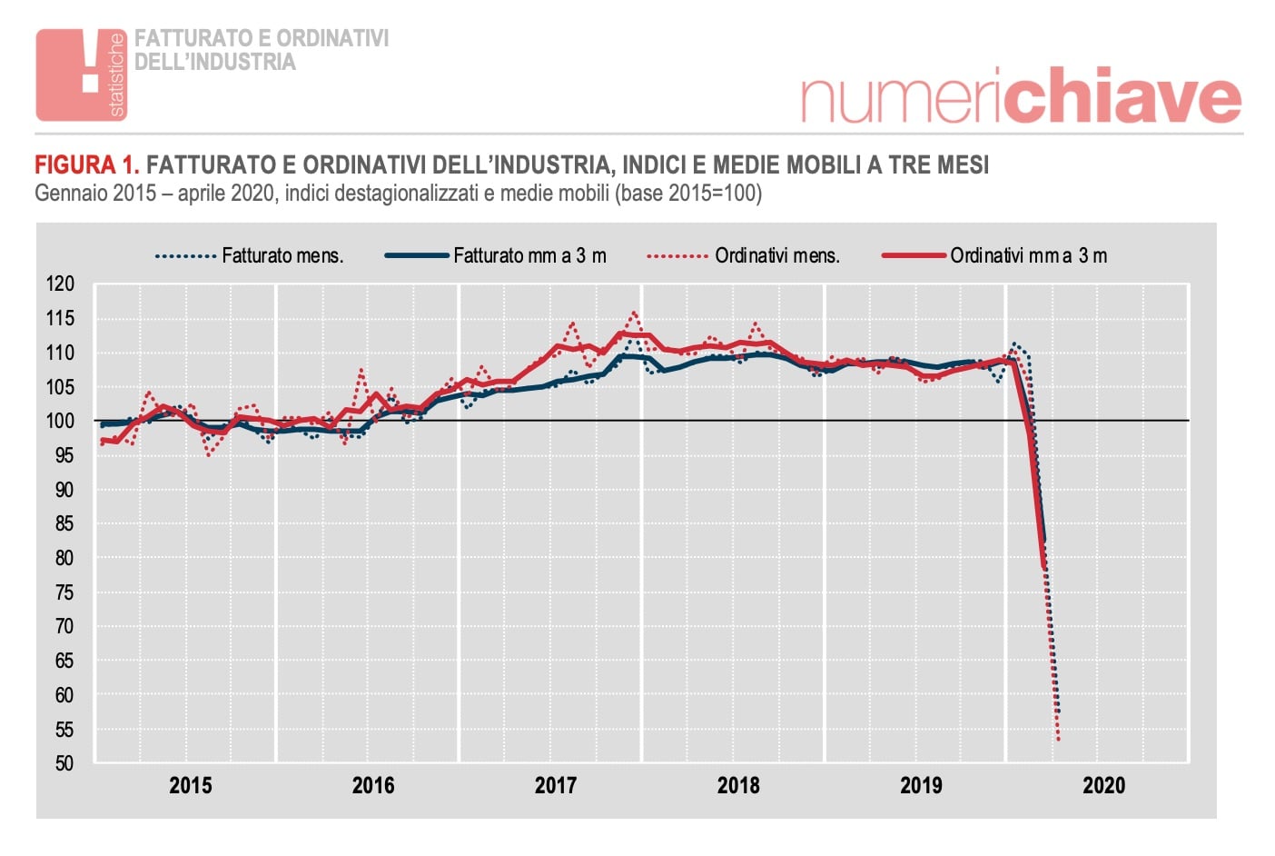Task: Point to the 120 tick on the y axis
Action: [x=60, y=284]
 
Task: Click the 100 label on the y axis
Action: [x=60, y=421]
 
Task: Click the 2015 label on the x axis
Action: [x=191, y=785]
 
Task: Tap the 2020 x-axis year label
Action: [x=1103, y=785]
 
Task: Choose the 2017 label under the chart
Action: [x=556, y=785]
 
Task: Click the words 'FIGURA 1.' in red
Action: [x=87, y=164]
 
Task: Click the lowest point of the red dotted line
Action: [x=1059, y=740]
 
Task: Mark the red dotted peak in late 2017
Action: [x=634, y=313]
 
